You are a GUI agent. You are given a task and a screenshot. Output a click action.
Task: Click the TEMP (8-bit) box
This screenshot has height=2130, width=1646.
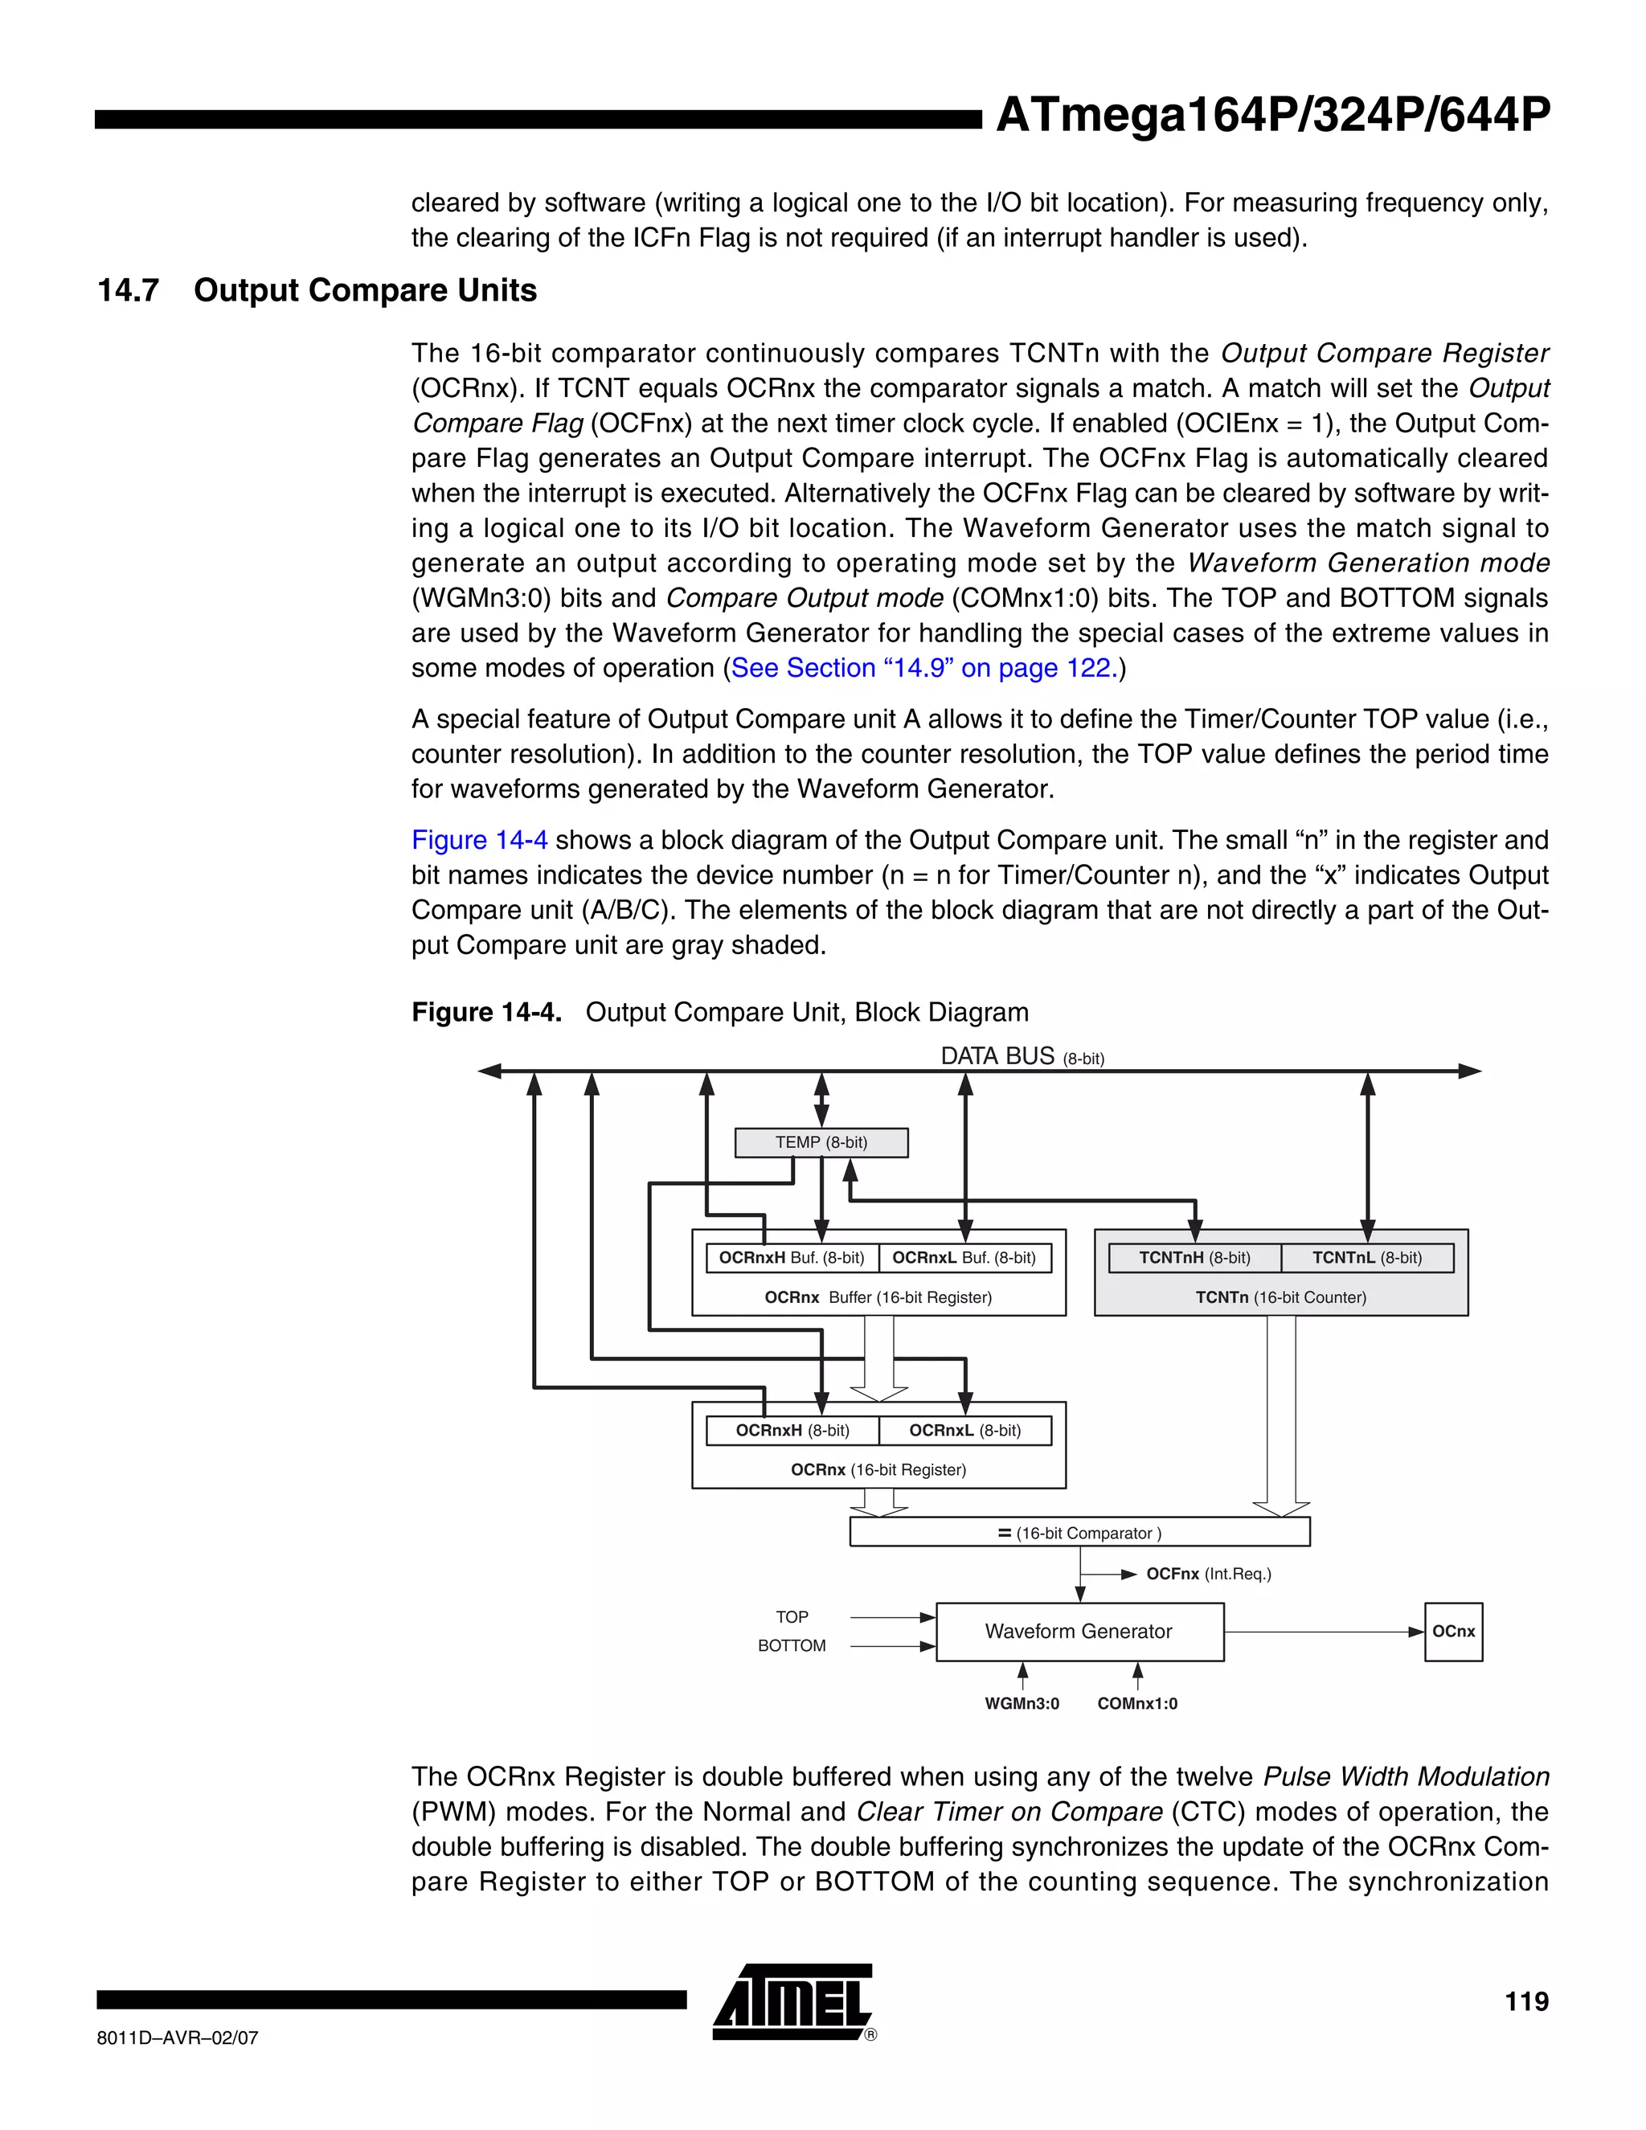pos(821,1142)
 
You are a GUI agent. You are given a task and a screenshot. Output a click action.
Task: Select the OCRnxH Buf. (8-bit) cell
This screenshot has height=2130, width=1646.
pos(792,1258)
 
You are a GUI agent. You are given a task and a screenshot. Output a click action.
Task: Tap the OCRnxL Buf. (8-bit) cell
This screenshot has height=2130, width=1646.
pos(964,1258)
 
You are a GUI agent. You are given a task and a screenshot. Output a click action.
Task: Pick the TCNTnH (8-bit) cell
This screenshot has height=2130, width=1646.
pos(1194,1258)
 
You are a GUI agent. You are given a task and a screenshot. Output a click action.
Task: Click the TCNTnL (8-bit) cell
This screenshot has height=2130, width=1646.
pos(1366,1258)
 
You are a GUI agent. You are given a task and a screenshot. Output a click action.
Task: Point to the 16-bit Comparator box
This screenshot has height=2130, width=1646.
pos(1079,1533)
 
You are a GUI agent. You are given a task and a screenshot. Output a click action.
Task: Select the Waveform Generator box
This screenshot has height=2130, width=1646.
pos(1079,1632)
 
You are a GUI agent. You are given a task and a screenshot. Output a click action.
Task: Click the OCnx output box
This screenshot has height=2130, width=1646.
pos(1453,1632)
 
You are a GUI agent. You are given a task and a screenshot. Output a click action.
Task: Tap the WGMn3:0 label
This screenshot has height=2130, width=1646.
pos(1022,1704)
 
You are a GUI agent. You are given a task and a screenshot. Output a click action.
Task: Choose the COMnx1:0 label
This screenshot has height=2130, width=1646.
pos(1137,1704)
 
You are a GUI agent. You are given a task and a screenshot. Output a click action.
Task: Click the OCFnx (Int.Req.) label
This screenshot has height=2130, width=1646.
pos(1209,1574)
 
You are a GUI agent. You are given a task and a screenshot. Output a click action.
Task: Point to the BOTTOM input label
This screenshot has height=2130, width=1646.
pos(792,1646)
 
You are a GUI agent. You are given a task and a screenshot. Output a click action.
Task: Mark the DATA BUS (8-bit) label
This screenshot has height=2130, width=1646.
pos(1022,1057)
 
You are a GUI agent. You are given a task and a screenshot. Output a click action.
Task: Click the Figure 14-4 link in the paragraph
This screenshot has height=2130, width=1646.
pos(479,840)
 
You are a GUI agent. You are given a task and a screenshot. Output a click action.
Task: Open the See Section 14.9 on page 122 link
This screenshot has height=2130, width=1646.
pos(923,668)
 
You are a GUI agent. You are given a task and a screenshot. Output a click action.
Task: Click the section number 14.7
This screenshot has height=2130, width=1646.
pos(128,291)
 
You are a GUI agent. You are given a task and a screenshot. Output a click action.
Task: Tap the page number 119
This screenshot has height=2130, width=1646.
pos(1526,2002)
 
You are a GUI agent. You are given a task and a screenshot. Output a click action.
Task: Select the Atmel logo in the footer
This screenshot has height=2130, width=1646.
pos(792,2002)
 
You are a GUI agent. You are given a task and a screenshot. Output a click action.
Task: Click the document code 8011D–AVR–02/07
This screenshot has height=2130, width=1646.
pos(178,2038)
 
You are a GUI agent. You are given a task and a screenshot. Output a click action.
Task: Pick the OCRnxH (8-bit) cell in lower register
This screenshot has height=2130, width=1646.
pos(792,1431)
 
